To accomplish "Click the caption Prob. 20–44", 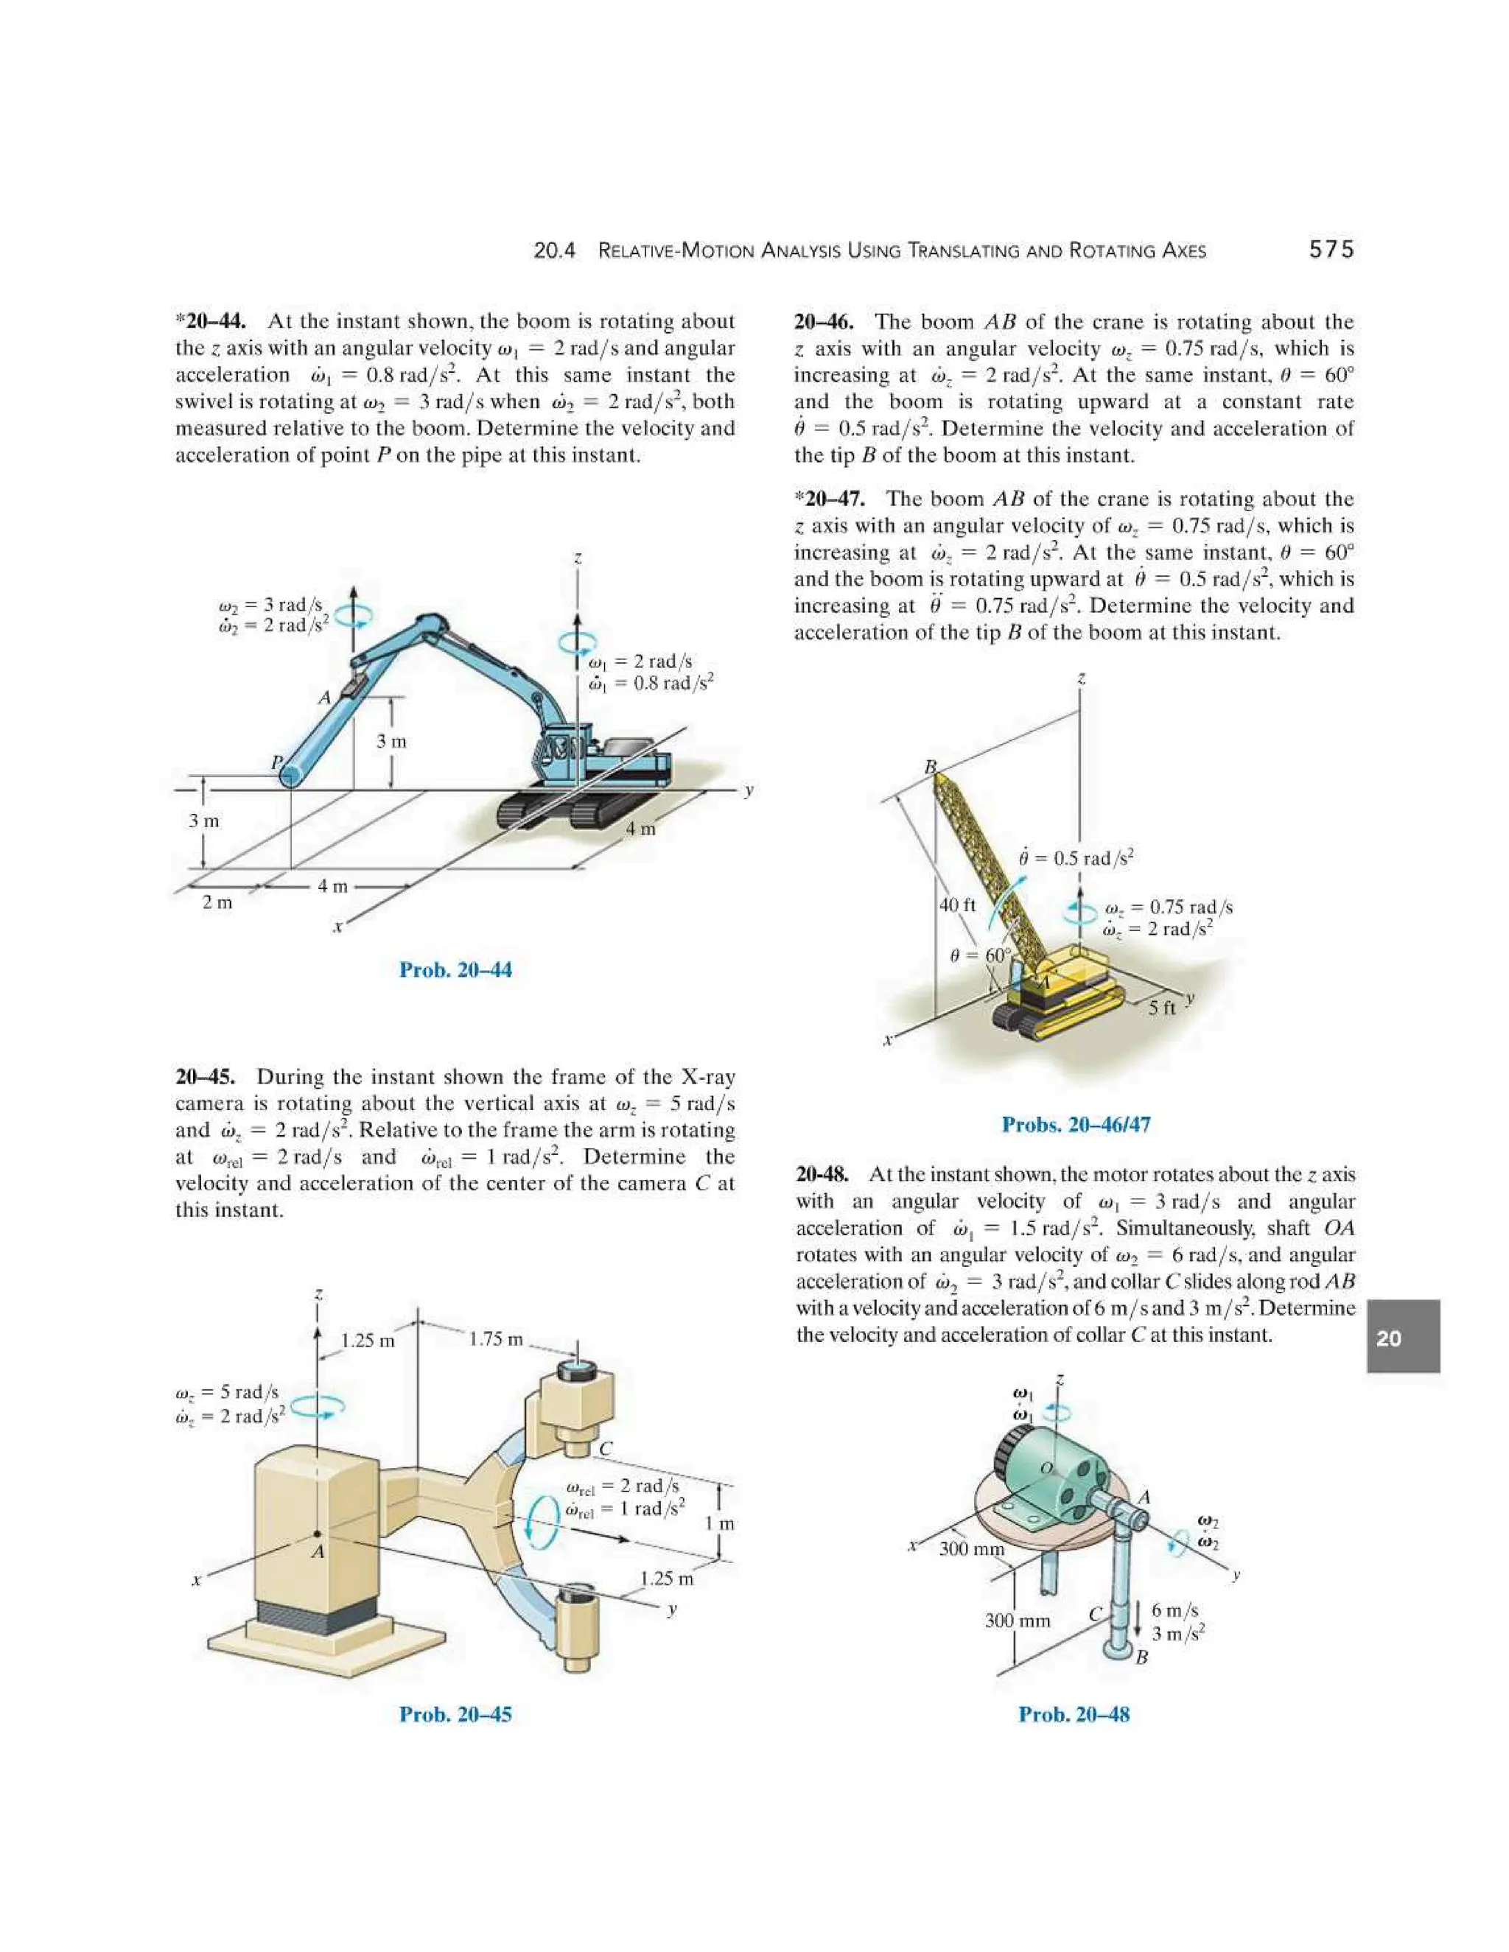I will (x=455, y=970).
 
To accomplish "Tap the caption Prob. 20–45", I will (x=455, y=1713).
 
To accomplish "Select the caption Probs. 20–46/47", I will (x=1076, y=1124).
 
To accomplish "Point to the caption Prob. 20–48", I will (x=1074, y=1713).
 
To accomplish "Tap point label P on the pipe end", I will (x=277, y=762).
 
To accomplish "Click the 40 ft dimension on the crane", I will (x=957, y=905).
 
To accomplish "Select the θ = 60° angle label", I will (x=980, y=955).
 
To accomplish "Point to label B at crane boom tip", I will (x=930, y=767).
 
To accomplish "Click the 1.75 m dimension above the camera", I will (x=496, y=1339).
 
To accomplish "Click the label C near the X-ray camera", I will (x=605, y=1449).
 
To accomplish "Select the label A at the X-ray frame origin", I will (x=318, y=1553).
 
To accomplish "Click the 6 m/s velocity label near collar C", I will (x=1174, y=1609).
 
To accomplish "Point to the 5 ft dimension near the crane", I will (x=1161, y=1007).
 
